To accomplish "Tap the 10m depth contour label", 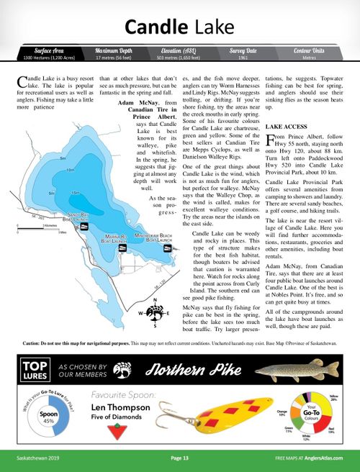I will point(70,170).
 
